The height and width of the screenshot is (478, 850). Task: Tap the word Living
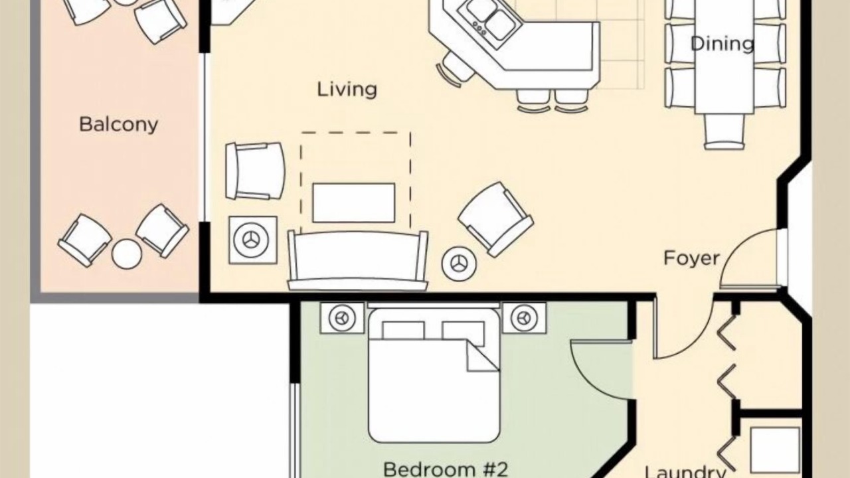pyautogui.click(x=347, y=90)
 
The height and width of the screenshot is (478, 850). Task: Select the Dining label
pyautogui.click(x=722, y=44)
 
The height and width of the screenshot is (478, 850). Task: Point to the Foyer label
pyautogui.click(x=691, y=258)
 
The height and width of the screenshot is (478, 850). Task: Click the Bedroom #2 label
pyautogui.click(x=446, y=469)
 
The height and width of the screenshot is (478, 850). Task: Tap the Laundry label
pyautogui.click(x=686, y=471)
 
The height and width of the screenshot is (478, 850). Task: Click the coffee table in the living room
pyautogui.click(x=354, y=202)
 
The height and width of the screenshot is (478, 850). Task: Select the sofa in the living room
pyautogui.click(x=357, y=261)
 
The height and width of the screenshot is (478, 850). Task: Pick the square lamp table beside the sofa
pyautogui.click(x=253, y=240)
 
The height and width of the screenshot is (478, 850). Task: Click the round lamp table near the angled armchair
pyautogui.click(x=459, y=264)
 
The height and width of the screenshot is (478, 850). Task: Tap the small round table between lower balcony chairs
pyautogui.click(x=127, y=254)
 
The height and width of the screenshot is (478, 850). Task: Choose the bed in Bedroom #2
pyautogui.click(x=434, y=376)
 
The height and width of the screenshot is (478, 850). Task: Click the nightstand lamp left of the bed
pyautogui.click(x=342, y=318)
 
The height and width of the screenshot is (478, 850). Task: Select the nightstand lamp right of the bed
pyautogui.click(x=525, y=318)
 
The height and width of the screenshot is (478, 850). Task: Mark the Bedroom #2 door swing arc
pyautogui.click(x=580, y=379)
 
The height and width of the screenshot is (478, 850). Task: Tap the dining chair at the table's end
pyautogui.click(x=724, y=131)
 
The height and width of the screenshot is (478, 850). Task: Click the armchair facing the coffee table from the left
pyautogui.click(x=255, y=171)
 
